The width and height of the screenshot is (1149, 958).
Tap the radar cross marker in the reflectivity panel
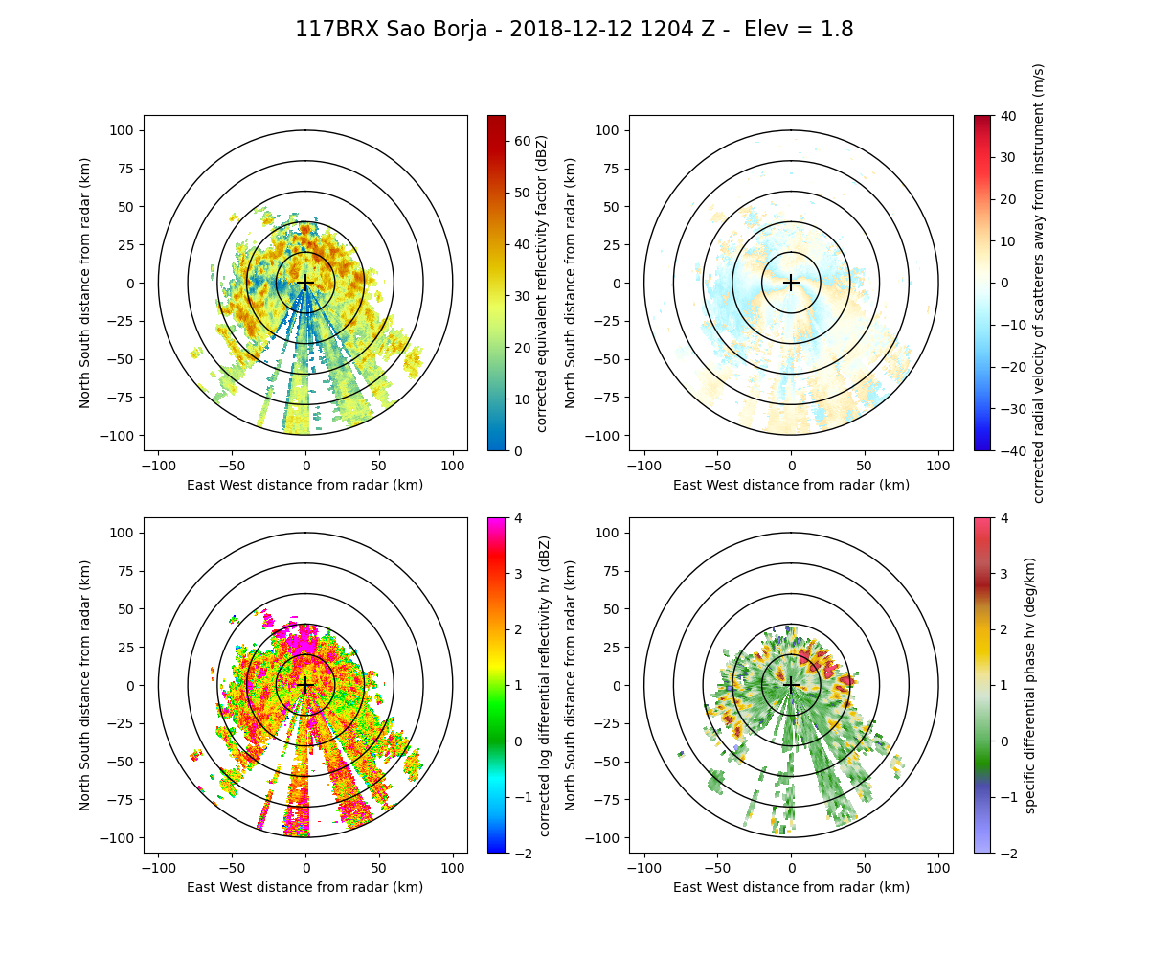click(305, 283)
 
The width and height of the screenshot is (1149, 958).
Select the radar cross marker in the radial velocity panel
click(791, 283)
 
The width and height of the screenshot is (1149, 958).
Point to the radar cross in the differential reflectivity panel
click(305, 685)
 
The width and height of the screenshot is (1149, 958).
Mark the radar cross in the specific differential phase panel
click(791, 685)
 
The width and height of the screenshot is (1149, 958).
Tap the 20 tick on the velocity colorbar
click(1005, 199)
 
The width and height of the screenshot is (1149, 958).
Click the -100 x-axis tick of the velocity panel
click(644, 466)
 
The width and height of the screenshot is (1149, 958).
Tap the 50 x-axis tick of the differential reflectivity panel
click(379, 868)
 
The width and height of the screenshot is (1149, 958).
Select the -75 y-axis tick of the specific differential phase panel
click(610, 800)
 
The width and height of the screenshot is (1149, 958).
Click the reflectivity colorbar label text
click(542, 283)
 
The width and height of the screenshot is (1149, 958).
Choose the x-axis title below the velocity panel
click(791, 485)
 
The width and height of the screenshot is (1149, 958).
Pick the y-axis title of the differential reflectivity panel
click(85, 685)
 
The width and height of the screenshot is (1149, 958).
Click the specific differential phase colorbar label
click(1030, 685)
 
